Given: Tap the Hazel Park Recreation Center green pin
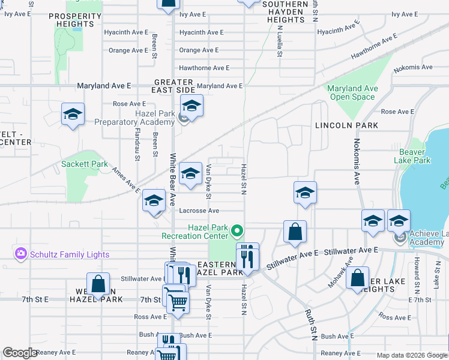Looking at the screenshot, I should tap(238, 230).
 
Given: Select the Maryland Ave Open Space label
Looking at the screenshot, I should tap(353, 92).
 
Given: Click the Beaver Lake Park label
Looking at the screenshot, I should tap(412, 156).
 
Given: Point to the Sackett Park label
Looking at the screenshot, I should tap(85, 164).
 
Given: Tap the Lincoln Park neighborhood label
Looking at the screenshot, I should tap(347, 125).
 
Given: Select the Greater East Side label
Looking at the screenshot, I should tap(173, 86).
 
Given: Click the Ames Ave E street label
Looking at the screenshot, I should tap(126, 179).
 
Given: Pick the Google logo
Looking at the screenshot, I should tap(20, 353).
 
